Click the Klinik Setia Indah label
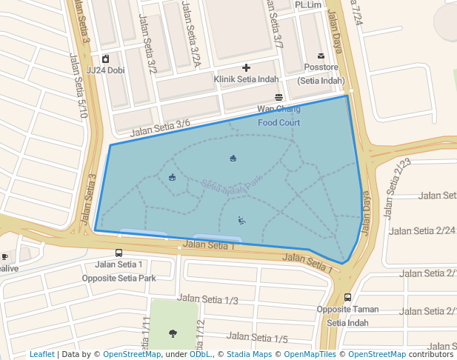(x=246, y=79)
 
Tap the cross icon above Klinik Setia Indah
(x=247, y=67)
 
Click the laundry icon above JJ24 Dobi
(x=106, y=59)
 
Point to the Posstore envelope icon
(x=321, y=56)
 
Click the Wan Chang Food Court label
(x=279, y=116)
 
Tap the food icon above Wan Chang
(x=279, y=97)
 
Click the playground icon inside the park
(x=241, y=220)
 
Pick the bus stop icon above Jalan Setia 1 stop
(x=119, y=253)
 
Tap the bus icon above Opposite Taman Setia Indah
(x=347, y=297)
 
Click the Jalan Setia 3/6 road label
(x=160, y=127)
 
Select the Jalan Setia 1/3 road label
(x=208, y=299)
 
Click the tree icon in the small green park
(x=173, y=333)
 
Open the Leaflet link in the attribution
(x=41, y=355)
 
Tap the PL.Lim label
(x=309, y=5)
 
